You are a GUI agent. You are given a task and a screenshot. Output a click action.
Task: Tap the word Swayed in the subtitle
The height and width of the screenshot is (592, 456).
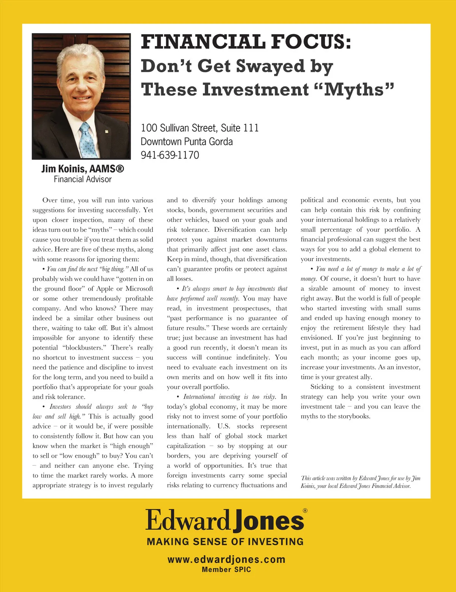pos(271,66)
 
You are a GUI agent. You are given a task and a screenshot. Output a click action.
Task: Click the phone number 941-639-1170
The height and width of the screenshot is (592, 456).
pos(170,155)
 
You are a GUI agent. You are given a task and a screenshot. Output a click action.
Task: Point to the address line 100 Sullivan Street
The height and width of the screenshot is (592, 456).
pos(199,128)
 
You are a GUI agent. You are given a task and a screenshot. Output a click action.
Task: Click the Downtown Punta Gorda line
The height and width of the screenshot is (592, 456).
pos(187,141)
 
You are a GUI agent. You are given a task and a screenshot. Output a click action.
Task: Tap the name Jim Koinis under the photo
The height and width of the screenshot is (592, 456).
pos(64,169)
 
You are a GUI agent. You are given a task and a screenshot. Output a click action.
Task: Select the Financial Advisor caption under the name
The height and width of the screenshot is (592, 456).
pos(82,179)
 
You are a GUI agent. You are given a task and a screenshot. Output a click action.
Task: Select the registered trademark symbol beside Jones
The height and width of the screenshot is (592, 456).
pos(305,511)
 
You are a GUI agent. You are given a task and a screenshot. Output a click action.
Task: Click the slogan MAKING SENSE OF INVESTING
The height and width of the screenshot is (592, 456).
pos(225,541)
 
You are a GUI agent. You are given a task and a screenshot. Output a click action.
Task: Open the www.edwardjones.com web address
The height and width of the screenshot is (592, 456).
pos(226,559)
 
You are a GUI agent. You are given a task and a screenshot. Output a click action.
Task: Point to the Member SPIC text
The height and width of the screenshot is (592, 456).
pos(226,569)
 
